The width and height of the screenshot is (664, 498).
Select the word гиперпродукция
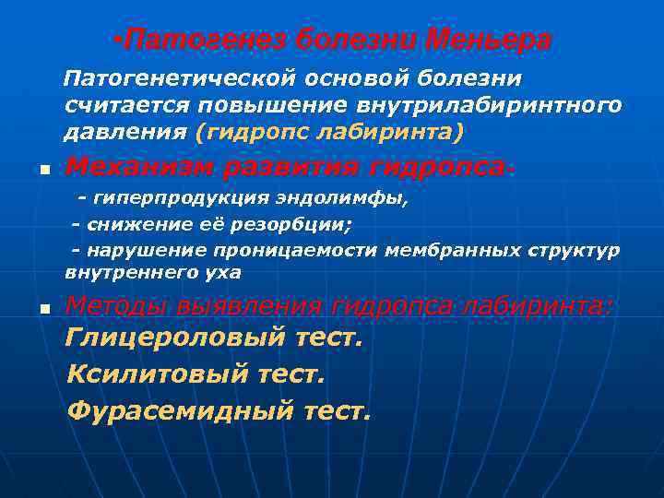click(172, 198)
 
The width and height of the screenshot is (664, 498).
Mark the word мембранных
click(446, 250)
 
